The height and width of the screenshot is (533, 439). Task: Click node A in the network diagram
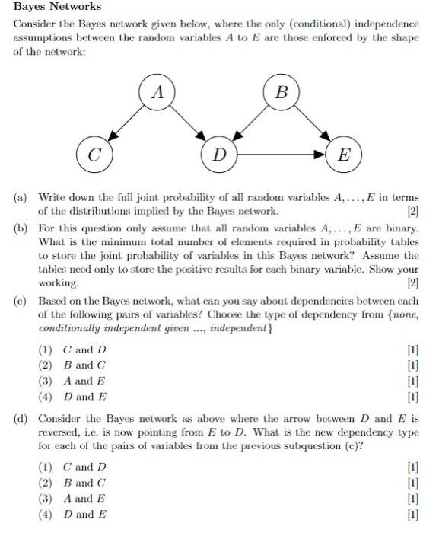(x=158, y=94)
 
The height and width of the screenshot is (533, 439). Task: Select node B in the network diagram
(x=282, y=94)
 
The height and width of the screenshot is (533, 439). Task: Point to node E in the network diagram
(x=344, y=156)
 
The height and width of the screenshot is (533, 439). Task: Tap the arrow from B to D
(x=251, y=125)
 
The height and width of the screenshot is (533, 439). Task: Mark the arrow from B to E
(x=313, y=125)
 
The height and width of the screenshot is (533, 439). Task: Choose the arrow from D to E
(x=282, y=156)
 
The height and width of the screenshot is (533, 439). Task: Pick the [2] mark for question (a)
(x=412, y=210)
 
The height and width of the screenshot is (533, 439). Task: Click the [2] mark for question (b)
(x=412, y=283)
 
